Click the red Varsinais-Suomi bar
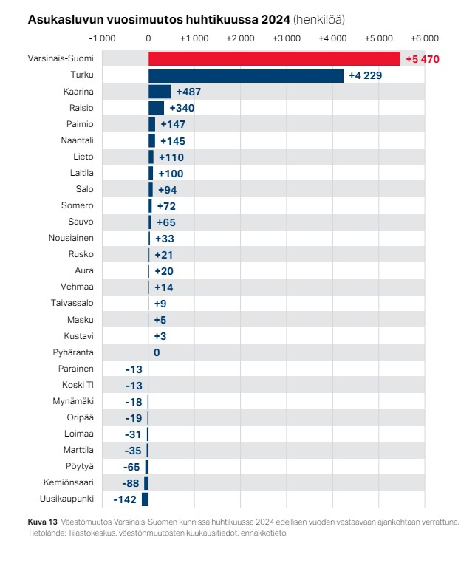pyautogui.click(x=273, y=59)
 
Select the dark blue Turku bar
pyautogui.click(x=245, y=75)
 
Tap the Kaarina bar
pyautogui.click(x=160, y=92)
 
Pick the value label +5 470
pyautogui.click(x=423, y=59)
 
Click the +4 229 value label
pyautogui.click(x=365, y=75)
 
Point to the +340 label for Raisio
pyautogui.click(x=182, y=108)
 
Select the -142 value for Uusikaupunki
pyautogui.click(x=123, y=499)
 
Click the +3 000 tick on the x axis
pyautogui.click(x=287, y=38)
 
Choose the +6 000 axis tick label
pyautogui.click(x=425, y=38)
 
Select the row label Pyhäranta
pyautogui.click(x=73, y=352)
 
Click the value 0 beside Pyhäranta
pyautogui.click(x=157, y=352)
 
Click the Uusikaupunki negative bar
pyautogui.click(x=145, y=499)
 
